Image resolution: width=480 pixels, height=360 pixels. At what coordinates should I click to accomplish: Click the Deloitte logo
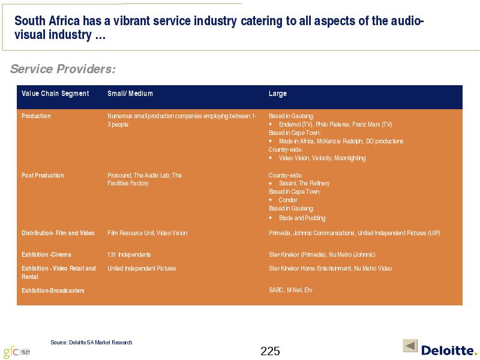point(449,350)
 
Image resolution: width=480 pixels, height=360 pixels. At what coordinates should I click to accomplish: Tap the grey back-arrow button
point(410,346)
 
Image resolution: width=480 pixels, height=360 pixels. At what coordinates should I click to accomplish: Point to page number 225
point(270,351)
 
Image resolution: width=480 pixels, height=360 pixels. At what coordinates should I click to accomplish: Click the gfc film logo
point(17,352)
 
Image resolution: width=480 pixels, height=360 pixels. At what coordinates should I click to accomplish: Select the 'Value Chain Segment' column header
point(55,94)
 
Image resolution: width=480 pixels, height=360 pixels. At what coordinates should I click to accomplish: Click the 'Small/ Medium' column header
point(130,94)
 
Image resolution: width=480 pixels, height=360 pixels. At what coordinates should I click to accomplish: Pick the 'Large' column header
point(278,94)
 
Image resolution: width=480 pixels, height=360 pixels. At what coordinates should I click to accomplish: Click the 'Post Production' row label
point(43,175)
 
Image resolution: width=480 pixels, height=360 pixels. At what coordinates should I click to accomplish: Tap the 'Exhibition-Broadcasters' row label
point(53,290)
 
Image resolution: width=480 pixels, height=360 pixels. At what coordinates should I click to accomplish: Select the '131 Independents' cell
point(129,254)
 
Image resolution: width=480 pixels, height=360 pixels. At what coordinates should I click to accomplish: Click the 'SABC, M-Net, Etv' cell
point(290,290)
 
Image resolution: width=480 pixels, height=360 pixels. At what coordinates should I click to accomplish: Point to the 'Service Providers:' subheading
point(63,69)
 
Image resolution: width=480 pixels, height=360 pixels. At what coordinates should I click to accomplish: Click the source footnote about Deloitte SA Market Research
point(91,342)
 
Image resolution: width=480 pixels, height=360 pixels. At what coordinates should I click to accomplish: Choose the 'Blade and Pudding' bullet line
point(297,218)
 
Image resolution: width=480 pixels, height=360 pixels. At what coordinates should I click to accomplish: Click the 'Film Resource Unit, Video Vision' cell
point(147,233)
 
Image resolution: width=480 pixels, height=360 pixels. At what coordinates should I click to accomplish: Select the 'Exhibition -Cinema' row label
point(46,254)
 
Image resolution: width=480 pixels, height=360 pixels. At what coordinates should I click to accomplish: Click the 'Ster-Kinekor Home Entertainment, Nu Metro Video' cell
point(331,268)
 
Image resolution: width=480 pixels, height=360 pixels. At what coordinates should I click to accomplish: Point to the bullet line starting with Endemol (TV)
point(331,124)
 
